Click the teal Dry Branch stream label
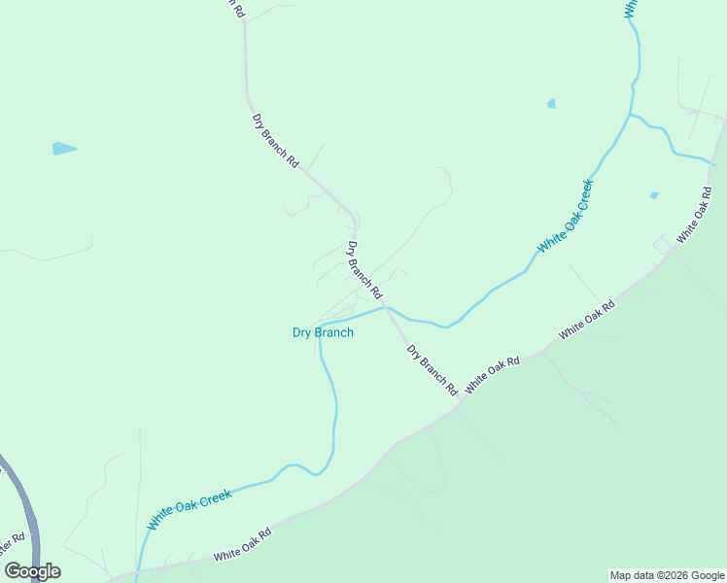pos(323,332)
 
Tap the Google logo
pos(32,571)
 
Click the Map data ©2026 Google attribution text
pos(667,575)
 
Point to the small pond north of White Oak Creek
pos(551,103)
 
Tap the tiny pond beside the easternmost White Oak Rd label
pos(654,195)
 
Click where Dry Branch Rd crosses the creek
pos(386,307)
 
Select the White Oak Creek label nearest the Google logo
pos(190,510)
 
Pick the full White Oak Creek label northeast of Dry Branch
pos(565,217)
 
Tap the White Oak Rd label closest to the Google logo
pos(242,544)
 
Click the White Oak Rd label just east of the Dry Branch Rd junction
pos(492,374)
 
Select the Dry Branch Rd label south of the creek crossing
pos(432,369)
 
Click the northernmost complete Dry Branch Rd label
pos(275,142)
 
